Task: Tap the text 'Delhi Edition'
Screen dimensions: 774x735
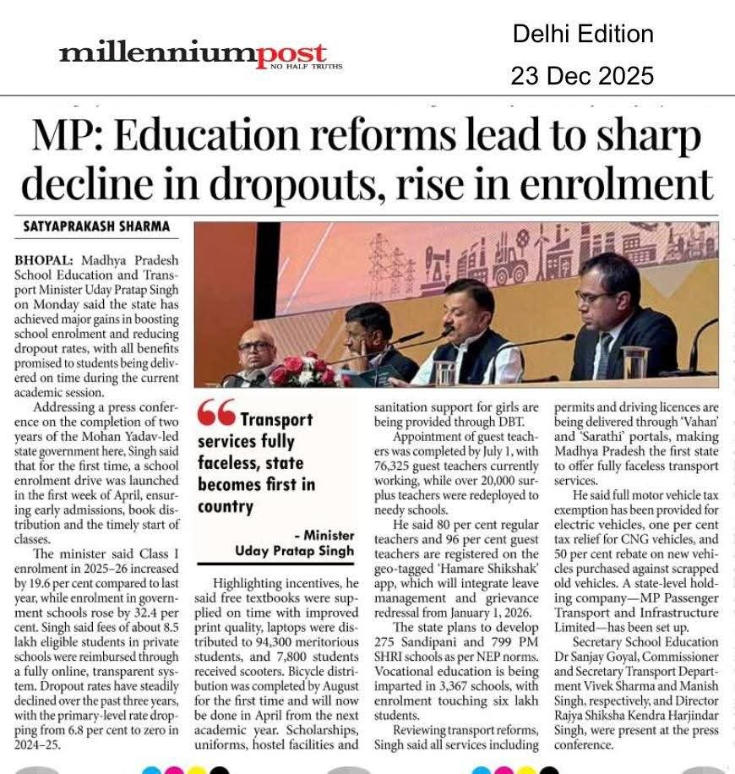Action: (x=582, y=34)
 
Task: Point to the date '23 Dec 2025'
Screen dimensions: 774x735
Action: (x=582, y=76)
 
